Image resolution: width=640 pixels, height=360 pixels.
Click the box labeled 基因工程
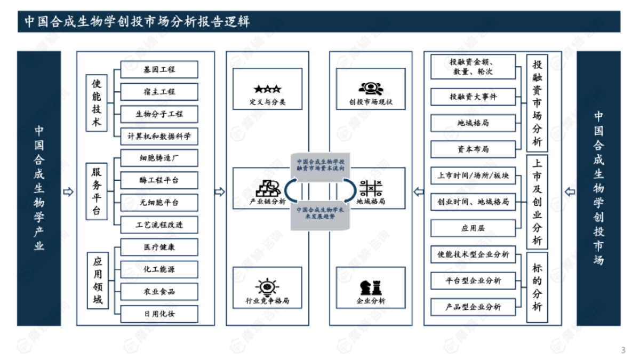click(159, 69)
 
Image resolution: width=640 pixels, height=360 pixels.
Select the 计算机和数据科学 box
click(159, 136)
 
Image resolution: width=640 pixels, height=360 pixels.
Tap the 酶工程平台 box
click(159, 180)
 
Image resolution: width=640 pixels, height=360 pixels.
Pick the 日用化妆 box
click(159, 314)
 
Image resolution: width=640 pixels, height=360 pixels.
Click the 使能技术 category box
click(97, 103)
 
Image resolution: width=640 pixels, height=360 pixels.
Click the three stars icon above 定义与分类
click(267, 89)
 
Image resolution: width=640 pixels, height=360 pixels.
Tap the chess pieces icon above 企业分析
click(370, 287)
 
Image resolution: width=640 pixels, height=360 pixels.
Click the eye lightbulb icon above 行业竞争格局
click(267, 287)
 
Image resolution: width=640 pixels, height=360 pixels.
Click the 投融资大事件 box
click(473, 97)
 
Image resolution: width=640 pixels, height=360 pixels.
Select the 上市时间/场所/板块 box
click(473, 175)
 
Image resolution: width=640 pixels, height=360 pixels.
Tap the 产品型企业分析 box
click(473, 307)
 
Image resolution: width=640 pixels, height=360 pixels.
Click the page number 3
click(623, 350)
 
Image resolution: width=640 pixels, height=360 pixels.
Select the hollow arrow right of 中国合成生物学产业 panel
click(68, 192)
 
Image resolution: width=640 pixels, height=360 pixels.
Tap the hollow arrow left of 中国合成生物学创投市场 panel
click(569, 192)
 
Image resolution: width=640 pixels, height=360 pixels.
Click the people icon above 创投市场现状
click(370, 89)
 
